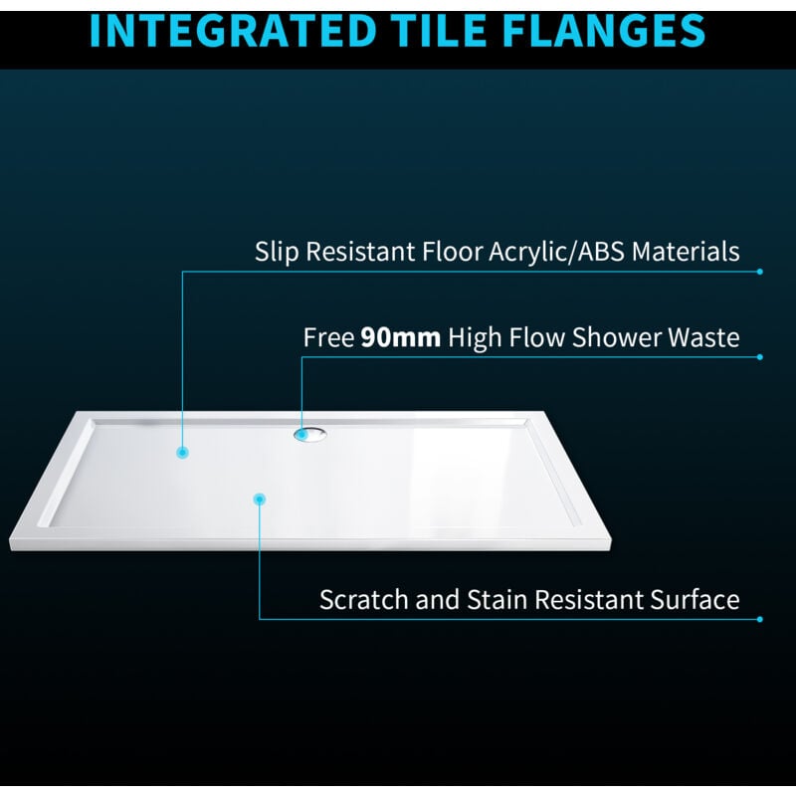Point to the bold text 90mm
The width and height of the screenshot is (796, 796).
(x=400, y=338)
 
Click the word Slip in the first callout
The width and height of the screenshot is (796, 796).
(x=275, y=251)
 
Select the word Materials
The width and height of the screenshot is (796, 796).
(x=688, y=251)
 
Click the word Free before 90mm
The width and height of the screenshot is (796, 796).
(x=328, y=338)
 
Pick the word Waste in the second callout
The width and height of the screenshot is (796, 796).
(x=703, y=338)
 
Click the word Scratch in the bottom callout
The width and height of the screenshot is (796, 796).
(x=359, y=600)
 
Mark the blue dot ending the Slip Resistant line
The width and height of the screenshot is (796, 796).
(x=760, y=271)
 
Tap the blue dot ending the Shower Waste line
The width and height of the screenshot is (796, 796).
(x=760, y=357)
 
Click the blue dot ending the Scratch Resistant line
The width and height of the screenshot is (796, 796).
(x=760, y=619)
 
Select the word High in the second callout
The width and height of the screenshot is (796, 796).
(x=476, y=338)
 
